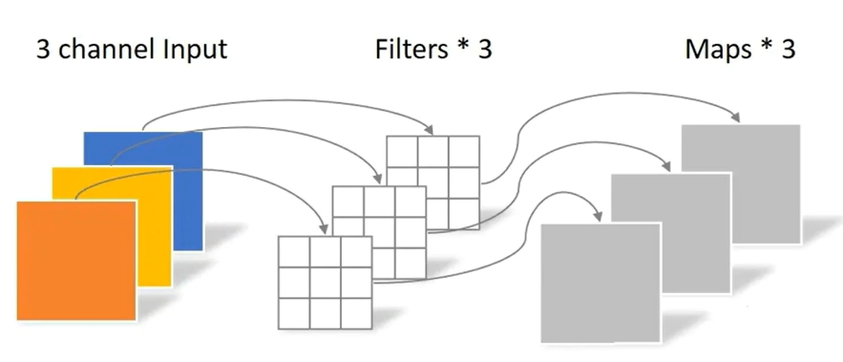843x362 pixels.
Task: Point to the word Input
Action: tap(196, 50)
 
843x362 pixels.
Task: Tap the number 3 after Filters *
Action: tap(484, 50)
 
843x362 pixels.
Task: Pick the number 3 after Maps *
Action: tap(788, 50)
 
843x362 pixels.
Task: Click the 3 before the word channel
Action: tap(44, 50)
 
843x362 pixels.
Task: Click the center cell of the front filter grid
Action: tap(325, 281)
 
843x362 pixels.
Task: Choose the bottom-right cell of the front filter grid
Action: tap(356, 311)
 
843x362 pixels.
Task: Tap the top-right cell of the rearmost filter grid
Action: tap(464, 152)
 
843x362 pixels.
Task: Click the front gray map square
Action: tap(600, 282)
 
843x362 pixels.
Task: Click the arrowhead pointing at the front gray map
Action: tap(601, 216)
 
